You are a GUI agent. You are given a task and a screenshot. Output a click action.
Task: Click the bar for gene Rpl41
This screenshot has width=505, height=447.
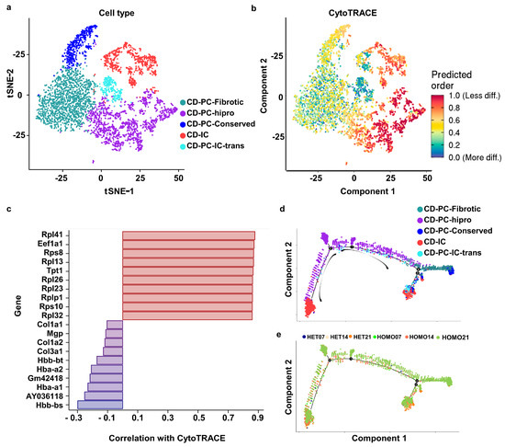pyautogui.click(x=188, y=235)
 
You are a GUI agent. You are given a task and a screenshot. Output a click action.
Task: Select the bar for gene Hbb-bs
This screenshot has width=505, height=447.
pyautogui.click(x=100, y=404)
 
